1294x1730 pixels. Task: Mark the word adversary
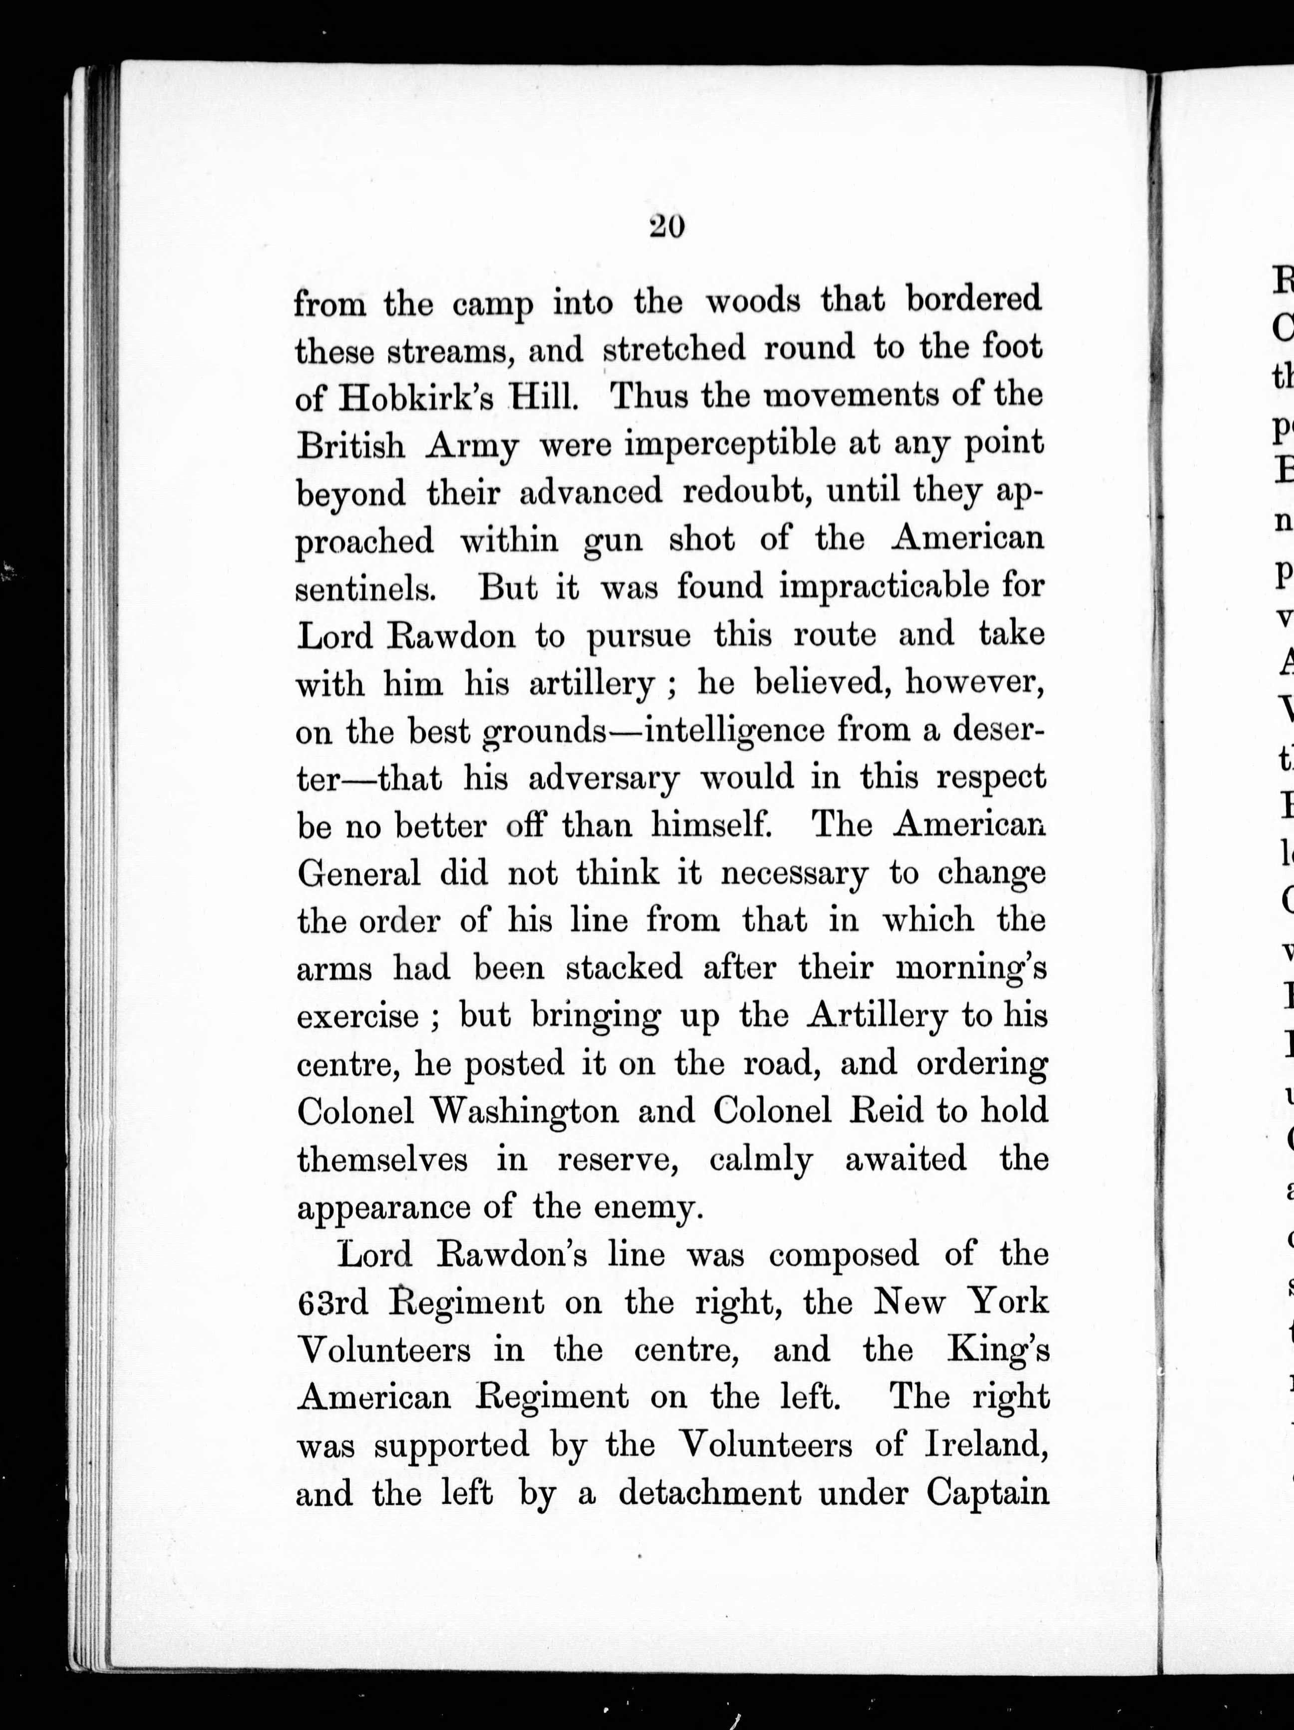pyautogui.click(x=604, y=780)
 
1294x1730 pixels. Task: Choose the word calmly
pyautogui.click(x=761, y=1160)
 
